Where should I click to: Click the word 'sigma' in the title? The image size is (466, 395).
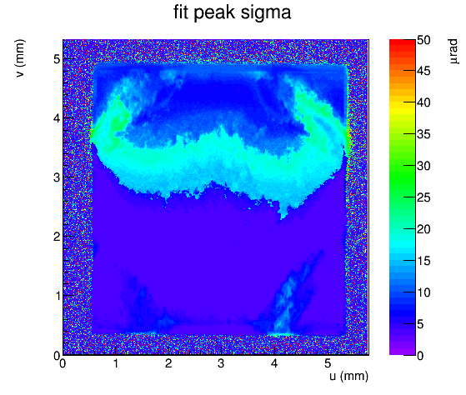(265, 12)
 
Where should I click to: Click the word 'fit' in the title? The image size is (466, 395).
(180, 12)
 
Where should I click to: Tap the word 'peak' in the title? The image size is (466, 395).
(213, 13)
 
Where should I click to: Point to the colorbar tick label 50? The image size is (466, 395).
(423, 40)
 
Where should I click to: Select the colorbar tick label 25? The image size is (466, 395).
(423, 197)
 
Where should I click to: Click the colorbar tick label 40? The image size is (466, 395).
(423, 102)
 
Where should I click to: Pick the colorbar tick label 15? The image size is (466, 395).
(423, 261)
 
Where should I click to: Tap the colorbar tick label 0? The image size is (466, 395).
(420, 355)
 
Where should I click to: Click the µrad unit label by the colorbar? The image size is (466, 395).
(453, 51)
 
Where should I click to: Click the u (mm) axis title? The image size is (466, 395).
(349, 377)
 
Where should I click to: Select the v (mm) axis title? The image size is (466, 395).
(21, 58)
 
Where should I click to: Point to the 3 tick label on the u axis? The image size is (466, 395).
(221, 363)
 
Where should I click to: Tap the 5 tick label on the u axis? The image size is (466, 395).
(328, 363)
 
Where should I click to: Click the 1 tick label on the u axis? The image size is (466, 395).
(116, 363)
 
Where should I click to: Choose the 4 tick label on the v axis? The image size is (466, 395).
(57, 118)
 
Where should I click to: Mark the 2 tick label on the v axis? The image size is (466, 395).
(57, 237)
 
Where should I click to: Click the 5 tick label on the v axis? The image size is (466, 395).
(57, 59)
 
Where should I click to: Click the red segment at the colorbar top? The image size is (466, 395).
(402, 44)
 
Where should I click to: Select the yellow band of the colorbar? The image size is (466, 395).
(402, 107)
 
